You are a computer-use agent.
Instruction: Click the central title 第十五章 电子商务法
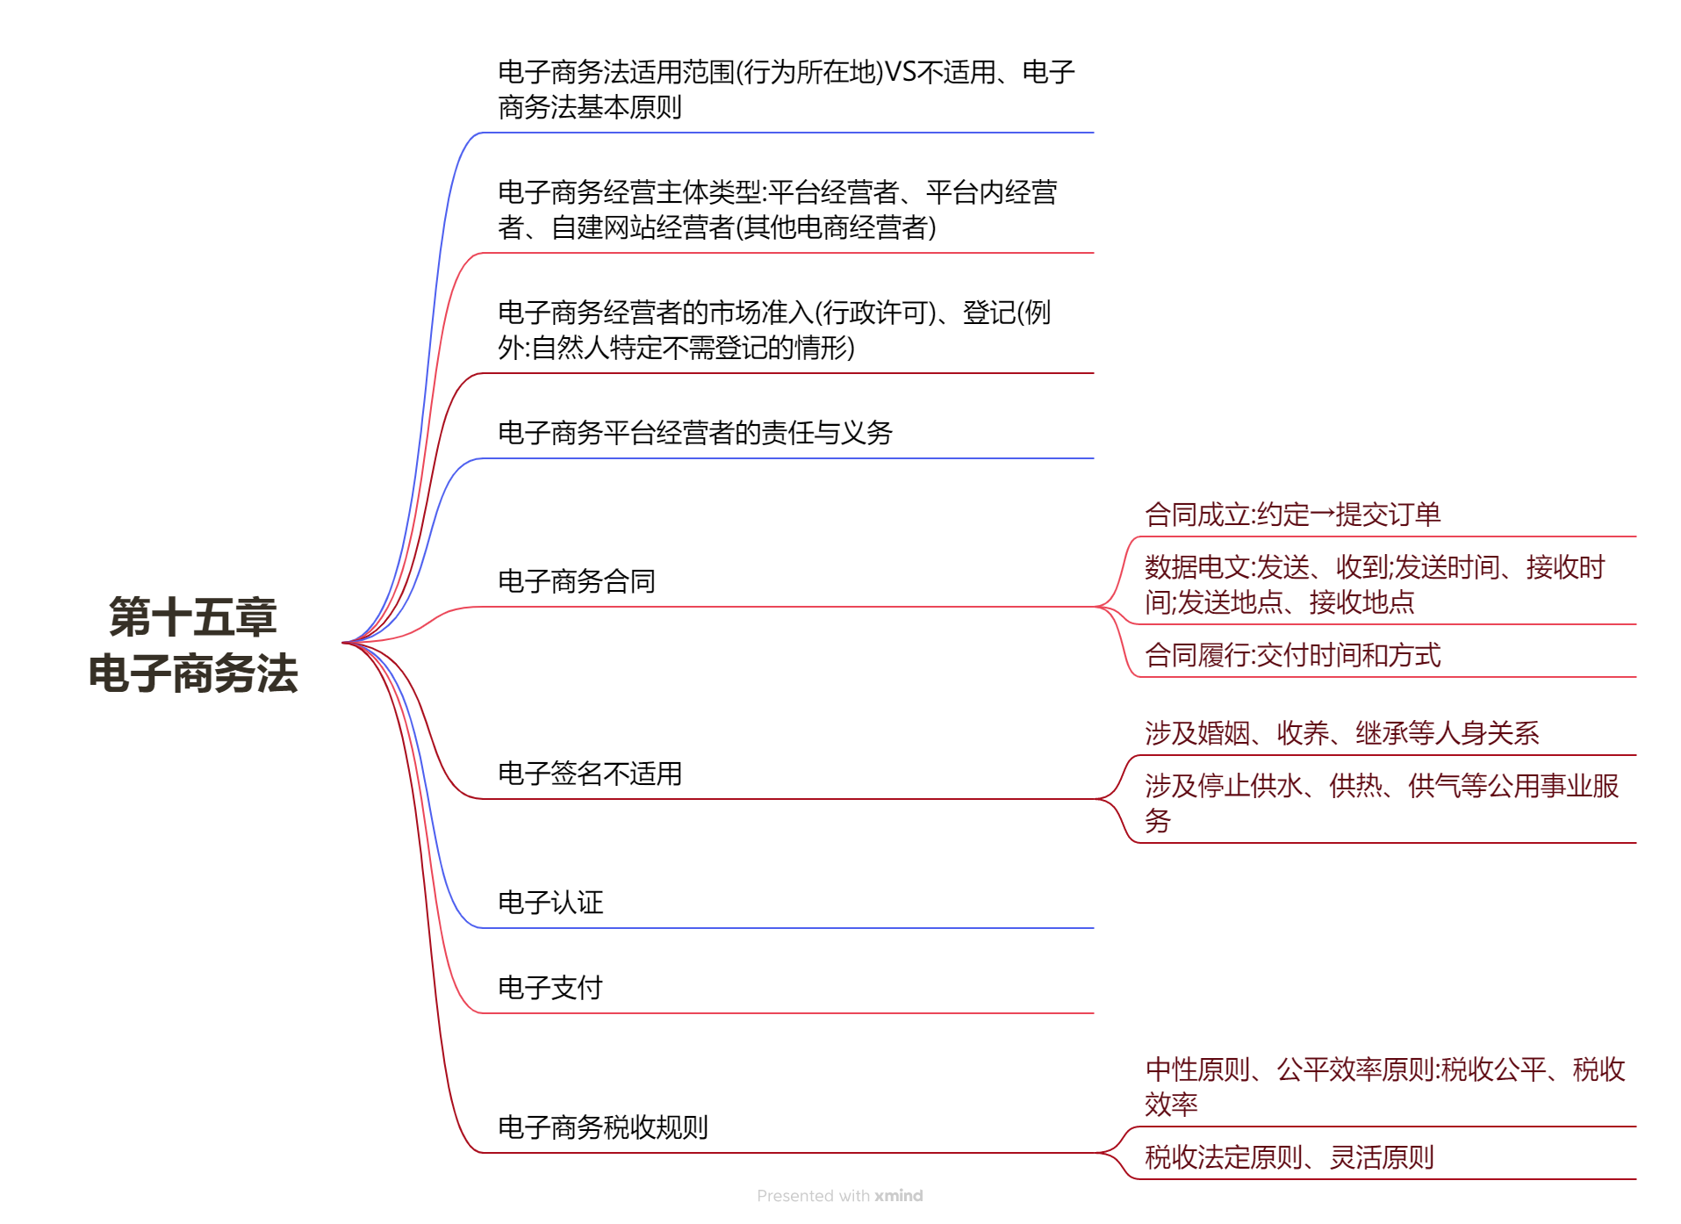193,644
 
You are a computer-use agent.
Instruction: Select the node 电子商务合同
576,580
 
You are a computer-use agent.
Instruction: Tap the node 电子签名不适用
589,773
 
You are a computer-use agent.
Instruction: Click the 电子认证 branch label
550,902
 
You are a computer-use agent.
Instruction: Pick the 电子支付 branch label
550,987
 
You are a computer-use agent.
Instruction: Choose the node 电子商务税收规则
602,1127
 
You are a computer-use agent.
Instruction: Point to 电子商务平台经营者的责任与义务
694,432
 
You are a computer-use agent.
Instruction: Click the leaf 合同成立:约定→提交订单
1292,514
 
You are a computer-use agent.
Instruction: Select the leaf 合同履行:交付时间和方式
1292,654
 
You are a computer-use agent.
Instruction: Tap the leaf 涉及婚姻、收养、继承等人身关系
1341,732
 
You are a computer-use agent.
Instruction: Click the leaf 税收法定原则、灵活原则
1289,1156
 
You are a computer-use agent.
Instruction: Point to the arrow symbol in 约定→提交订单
1322,515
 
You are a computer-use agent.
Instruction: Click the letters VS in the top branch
901,72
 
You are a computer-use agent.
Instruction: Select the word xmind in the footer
898,1195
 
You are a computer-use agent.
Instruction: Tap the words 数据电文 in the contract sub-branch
1197,567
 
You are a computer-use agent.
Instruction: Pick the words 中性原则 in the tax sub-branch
1197,1069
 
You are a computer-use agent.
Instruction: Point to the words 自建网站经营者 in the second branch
642,227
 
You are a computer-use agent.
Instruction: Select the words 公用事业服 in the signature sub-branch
1553,785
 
